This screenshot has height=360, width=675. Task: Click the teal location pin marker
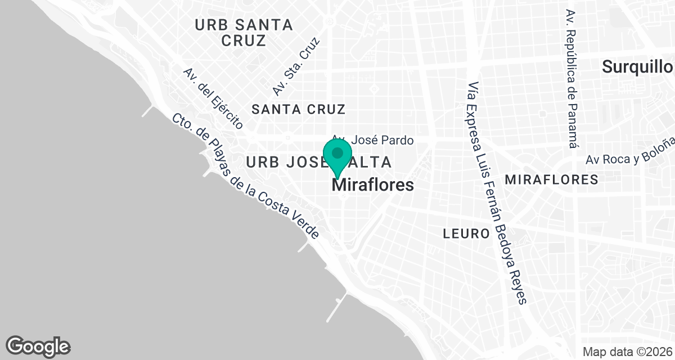(x=337, y=157)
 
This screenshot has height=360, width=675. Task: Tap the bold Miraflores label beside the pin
(x=374, y=186)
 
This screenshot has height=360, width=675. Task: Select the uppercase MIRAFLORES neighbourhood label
(x=551, y=180)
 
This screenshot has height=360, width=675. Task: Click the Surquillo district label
(x=637, y=67)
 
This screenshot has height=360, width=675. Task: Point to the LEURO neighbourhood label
(x=466, y=233)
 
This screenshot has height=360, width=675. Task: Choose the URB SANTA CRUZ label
(x=244, y=33)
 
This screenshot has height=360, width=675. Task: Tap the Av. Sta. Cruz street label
(x=296, y=66)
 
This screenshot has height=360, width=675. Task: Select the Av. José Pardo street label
(x=373, y=140)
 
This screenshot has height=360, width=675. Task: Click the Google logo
(x=38, y=345)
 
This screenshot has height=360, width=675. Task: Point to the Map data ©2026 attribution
(x=627, y=352)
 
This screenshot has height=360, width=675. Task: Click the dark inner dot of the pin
(x=337, y=153)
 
